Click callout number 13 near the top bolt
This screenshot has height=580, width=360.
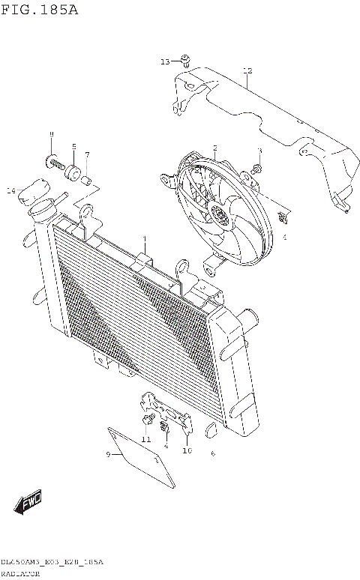click(166, 61)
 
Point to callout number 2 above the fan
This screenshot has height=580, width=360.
click(214, 148)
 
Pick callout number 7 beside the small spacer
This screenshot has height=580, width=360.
click(87, 155)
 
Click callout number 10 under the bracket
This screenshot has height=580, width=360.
click(187, 450)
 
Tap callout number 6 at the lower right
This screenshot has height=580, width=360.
click(213, 453)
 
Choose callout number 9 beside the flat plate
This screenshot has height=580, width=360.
click(108, 454)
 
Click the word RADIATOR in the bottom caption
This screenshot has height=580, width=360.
click(19, 572)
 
